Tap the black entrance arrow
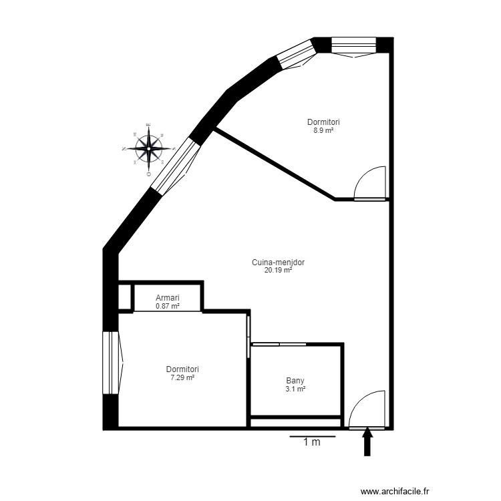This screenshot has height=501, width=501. click(x=367, y=442)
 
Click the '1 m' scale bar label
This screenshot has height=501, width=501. click(x=311, y=442)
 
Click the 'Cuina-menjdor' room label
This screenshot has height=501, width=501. click(x=278, y=263)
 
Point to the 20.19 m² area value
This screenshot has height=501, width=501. click(x=278, y=271)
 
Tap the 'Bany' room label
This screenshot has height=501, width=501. click(x=295, y=381)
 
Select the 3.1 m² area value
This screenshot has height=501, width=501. click(x=295, y=389)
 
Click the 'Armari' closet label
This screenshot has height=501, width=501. click(x=167, y=298)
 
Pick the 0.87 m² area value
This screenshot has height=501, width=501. click(x=167, y=306)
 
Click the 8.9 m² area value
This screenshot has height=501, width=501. click(x=324, y=130)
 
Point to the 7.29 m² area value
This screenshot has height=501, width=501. click(x=182, y=377)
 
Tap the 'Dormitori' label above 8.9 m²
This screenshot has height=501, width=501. click(x=324, y=122)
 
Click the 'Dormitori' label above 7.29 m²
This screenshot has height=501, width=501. click(x=182, y=369)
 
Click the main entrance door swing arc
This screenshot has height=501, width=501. click(x=367, y=409)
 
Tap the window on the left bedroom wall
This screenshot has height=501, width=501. click(x=110, y=364)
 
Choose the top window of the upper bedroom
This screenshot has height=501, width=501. click(x=354, y=45)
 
